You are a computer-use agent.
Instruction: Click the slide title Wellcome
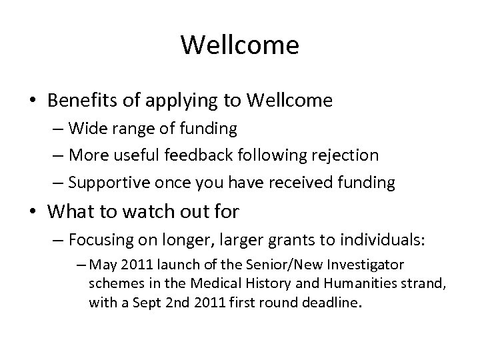click(x=239, y=45)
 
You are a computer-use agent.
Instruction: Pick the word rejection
click(x=341, y=155)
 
